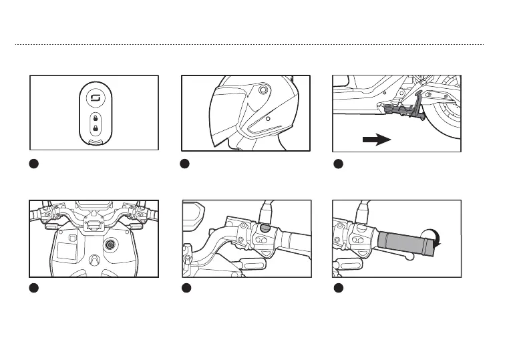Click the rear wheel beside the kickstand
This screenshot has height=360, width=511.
coord(444,120)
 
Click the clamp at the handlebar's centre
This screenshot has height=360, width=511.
coord(90,226)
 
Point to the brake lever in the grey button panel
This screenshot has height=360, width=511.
coord(214,244)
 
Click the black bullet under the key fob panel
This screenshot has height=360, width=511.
coord(35,165)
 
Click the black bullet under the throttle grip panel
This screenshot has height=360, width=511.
coord(339,288)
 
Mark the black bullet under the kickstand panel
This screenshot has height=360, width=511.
coord(339,165)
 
